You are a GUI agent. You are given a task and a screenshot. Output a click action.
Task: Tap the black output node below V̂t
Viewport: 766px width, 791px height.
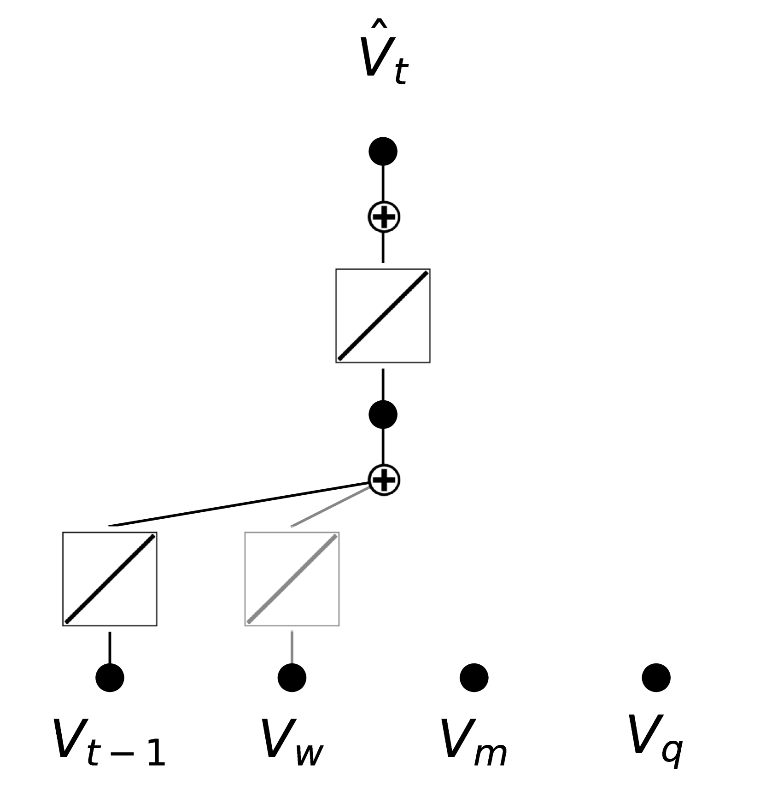coord(383,151)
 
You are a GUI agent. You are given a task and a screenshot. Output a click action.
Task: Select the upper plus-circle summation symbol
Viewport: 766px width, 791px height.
coord(384,217)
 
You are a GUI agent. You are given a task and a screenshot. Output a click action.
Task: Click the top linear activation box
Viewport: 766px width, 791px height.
coord(383,316)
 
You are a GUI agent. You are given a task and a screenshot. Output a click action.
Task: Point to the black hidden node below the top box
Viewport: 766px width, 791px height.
coord(383,414)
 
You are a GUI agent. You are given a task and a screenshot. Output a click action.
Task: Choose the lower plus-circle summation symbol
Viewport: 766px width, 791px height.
coord(384,480)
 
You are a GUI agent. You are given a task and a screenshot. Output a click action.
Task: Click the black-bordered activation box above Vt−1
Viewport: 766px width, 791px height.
coord(110,579)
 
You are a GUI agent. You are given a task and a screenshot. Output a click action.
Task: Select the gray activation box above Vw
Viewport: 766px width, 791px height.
coord(292,579)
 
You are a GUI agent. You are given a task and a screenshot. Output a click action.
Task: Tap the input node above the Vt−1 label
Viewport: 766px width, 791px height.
coord(110,677)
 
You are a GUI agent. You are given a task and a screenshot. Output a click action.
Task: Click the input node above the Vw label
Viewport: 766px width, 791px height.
coord(292,677)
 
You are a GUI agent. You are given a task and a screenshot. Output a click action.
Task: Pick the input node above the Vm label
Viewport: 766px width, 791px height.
coord(474,677)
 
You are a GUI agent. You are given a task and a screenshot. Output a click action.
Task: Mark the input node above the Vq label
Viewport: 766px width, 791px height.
coord(656,677)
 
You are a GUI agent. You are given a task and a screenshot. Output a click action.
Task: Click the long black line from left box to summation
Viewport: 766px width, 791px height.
coord(240,504)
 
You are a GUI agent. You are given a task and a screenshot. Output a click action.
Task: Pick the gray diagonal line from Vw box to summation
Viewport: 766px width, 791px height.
coord(330,507)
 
